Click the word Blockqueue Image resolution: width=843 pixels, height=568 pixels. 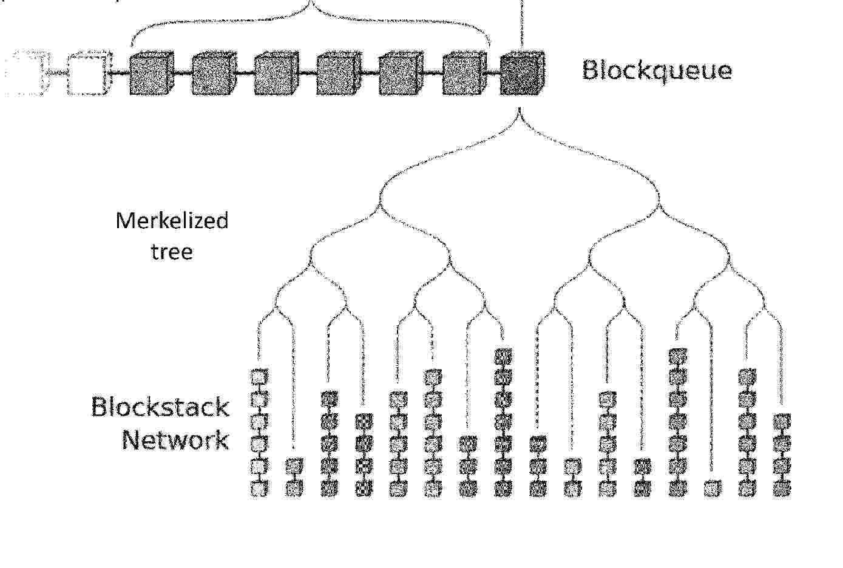click(x=657, y=71)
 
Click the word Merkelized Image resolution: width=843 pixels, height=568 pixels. click(x=172, y=220)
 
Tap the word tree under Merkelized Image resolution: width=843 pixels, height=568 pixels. click(x=172, y=251)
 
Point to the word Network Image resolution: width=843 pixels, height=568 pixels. click(x=175, y=439)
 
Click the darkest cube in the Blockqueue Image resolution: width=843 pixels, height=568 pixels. click(x=522, y=73)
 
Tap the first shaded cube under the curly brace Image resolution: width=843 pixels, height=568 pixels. click(x=152, y=73)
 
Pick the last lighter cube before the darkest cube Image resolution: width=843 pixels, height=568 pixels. click(x=464, y=73)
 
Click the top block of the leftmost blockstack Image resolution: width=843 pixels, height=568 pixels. click(x=259, y=376)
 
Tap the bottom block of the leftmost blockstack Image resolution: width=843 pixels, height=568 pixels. click(x=259, y=489)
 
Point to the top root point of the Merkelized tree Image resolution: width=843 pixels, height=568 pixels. click(x=520, y=109)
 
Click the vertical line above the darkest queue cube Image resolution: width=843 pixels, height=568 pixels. click(x=521, y=25)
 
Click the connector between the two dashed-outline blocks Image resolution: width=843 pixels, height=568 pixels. click(x=58, y=73)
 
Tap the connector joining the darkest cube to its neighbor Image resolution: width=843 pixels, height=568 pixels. click(x=493, y=73)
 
